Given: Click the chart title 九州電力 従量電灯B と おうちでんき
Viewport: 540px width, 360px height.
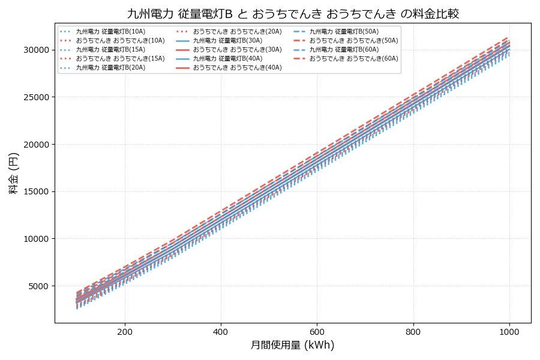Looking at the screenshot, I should coord(293,13).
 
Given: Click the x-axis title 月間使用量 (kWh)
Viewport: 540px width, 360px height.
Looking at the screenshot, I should coord(292,345).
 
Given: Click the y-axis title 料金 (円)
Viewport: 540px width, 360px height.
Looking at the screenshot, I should coord(13,173).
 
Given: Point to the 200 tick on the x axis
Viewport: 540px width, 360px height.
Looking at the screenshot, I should coord(125,331).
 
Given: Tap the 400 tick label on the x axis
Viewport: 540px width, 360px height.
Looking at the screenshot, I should coord(221,331).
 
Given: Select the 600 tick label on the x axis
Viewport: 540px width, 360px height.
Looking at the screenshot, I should coord(317,331).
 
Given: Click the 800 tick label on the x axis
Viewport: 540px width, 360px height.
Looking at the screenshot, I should coord(413,331).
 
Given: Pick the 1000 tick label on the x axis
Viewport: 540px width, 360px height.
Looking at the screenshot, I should coord(509,331).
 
